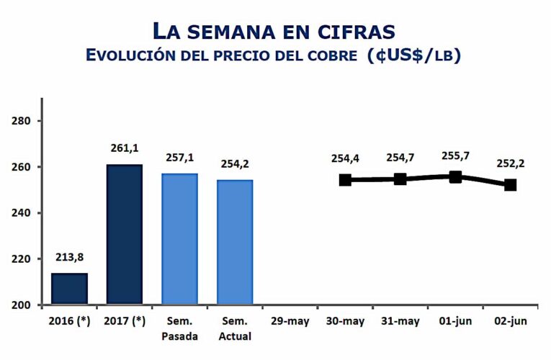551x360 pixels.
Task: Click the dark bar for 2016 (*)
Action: [69, 289]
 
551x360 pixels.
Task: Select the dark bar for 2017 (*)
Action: [125, 234]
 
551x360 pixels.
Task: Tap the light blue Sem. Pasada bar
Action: [180, 239]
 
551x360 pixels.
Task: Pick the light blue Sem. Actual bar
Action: [236, 242]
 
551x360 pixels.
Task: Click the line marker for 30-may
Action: [346, 179]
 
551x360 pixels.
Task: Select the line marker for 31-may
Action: [400, 179]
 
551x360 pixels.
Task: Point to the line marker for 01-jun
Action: [455, 176]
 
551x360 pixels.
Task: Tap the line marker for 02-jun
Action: [511, 184]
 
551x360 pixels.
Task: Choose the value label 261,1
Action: [125, 148]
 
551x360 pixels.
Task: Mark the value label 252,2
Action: [511, 163]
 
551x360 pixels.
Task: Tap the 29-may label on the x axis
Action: [290, 321]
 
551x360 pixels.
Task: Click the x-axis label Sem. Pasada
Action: [180, 328]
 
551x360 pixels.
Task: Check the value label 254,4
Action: [346, 158]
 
